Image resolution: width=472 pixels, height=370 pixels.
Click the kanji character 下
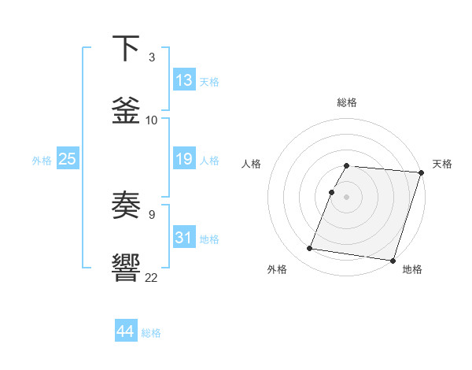127,48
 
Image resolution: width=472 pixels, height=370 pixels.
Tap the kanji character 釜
127,109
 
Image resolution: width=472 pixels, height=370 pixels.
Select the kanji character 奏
127,205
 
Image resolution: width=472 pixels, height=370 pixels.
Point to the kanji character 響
127,267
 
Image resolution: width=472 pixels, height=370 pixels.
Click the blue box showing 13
184,80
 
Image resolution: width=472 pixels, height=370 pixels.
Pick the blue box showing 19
184,159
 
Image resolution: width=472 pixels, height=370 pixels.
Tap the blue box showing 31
184,238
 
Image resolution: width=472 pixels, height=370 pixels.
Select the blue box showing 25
67,159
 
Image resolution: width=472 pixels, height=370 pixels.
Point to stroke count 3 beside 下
151,57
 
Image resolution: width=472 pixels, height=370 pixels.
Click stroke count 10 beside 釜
152,120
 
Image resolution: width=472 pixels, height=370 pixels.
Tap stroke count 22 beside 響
152,276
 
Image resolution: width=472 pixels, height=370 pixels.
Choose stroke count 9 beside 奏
151,213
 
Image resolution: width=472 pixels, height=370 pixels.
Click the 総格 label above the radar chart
347,102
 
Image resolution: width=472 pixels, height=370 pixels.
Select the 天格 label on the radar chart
442,164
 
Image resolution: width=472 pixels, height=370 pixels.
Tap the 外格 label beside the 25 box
42,161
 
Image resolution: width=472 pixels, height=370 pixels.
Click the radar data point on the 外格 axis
310,249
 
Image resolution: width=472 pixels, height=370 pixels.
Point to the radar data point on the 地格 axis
393,261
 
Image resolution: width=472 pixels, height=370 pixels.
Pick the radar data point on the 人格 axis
332,191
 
